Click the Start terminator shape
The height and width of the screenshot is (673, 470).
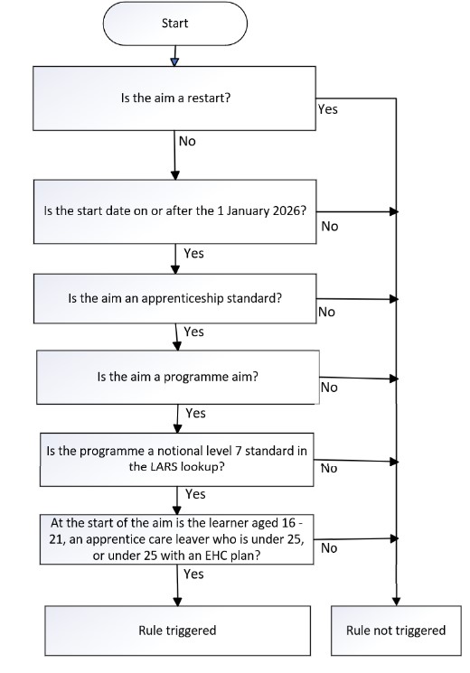point(175,24)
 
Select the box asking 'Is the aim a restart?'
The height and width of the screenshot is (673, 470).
point(175,98)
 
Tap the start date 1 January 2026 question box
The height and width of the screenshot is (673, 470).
point(175,211)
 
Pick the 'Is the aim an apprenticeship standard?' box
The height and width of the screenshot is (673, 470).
point(175,298)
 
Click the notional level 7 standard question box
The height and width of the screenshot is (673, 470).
point(175,458)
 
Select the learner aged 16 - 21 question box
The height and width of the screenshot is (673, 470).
point(175,539)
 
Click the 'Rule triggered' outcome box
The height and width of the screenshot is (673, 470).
point(176,630)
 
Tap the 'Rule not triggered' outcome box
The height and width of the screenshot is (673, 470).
point(395,630)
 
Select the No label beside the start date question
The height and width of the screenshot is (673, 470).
point(329,226)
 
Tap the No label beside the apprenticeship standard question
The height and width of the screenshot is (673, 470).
point(326,312)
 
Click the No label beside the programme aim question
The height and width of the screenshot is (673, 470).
point(329,388)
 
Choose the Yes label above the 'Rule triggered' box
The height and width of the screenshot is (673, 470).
point(193,574)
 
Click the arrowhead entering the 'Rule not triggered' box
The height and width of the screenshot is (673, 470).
point(396,601)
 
